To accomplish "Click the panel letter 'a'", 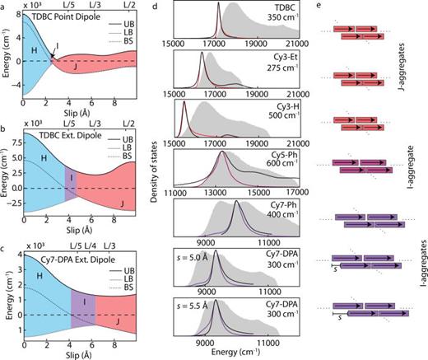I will (4, 6).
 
